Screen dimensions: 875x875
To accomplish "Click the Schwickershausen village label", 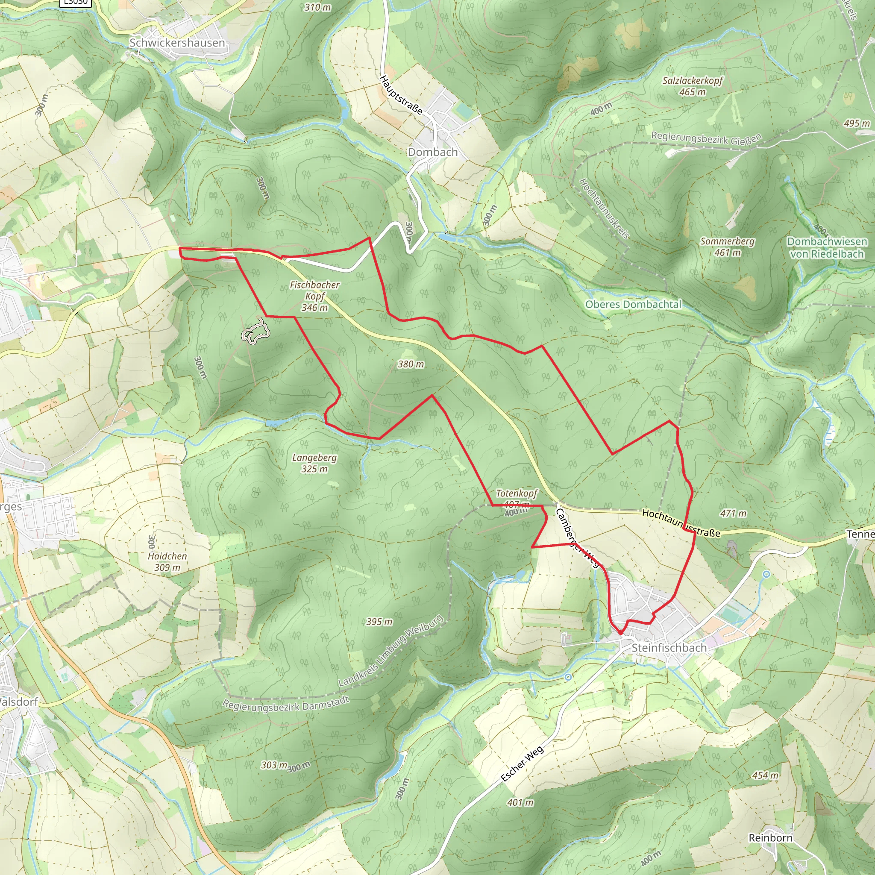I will [x=177, y=43].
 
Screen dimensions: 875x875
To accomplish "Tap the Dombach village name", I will [x=432, y=152].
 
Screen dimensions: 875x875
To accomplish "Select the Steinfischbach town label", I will [x=669, y=648].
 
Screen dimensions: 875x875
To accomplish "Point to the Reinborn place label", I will [x=770, y=838].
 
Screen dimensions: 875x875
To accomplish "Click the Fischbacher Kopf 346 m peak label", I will [x=315, y=296].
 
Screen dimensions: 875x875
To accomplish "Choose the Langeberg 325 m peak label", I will [x=314, y=463].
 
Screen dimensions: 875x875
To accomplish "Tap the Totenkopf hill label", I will [x=516, y=493].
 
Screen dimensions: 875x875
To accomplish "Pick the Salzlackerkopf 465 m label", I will [x=693, y=86].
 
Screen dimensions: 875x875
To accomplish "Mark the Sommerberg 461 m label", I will [x=727, y=247].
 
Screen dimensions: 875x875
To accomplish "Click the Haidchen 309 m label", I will [x=167, y=561].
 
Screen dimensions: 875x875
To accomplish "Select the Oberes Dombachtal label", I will [x=633, y=304].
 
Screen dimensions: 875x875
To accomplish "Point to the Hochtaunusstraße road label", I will [x=681, y=523].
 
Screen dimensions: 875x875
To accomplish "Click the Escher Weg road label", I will [x=522, y=764].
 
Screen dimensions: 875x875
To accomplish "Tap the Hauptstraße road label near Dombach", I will [x=401, y=95].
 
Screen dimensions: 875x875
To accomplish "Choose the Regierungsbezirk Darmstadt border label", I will [x=286, y=703].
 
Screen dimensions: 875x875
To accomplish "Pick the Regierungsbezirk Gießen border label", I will [x=707, y=138].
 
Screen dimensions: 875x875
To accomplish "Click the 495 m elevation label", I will [x=857, y=123].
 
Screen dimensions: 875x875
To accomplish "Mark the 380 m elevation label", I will [x=411, y=364].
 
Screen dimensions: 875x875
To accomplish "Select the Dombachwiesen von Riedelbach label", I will [x=827, y=248].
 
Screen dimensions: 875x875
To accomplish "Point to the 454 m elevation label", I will [x=765, y=775].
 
